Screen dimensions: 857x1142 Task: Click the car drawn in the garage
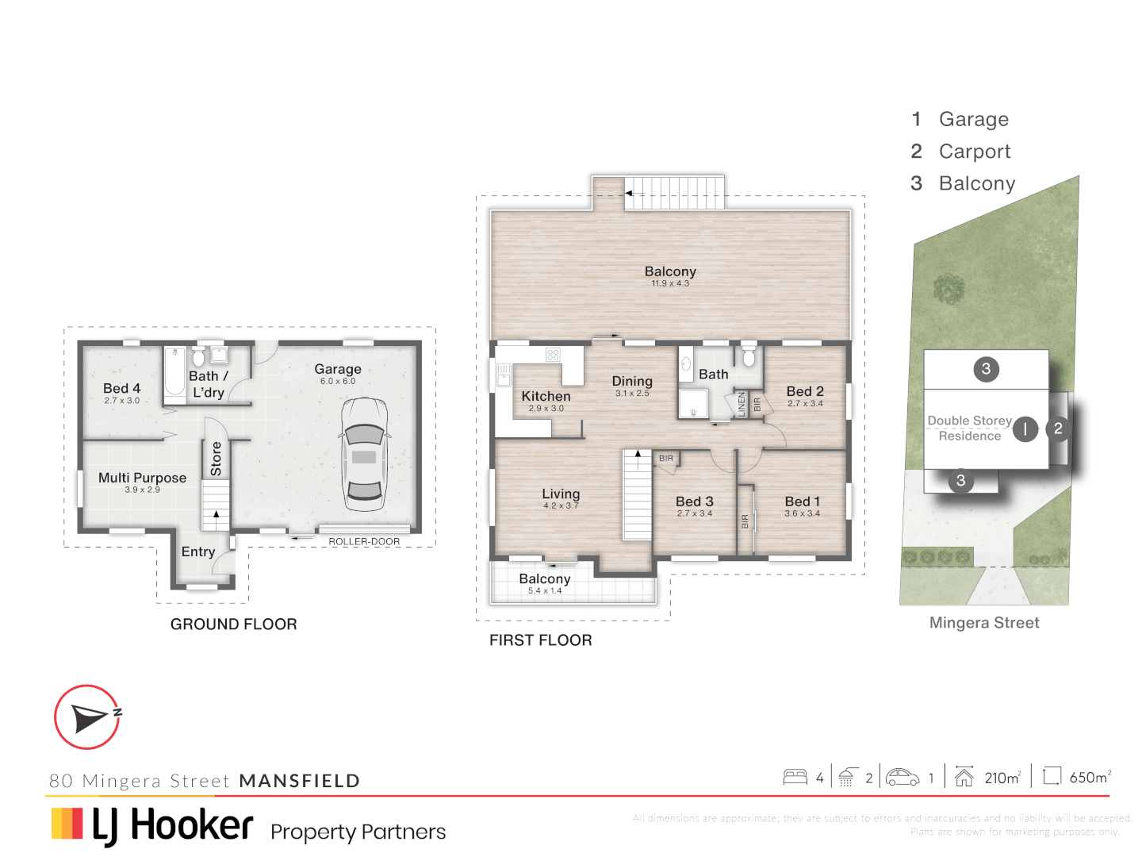click(x=364, y=455)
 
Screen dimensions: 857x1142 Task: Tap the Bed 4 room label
click(x=121, y=388)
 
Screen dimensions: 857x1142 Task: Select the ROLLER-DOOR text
click(x=364, y=542)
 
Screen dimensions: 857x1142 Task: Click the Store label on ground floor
click(x=216, y=459)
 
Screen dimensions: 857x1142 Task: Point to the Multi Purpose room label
click(x=142, y=478)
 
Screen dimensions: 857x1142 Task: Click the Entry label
click(x=197, y=551)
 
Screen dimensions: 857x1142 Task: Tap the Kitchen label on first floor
click(x=546, y=396)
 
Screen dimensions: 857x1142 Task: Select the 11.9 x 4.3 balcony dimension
click(x=670, y=283)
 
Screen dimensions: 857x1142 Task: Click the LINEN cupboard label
click(x=742, y=404)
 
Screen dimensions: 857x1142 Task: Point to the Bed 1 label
click(x=802, y=502)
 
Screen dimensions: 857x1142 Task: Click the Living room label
click(x=561, y=494)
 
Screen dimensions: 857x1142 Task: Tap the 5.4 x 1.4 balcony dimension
click(x=545, y=590)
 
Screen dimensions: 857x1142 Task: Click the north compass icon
click(x=87, y=717)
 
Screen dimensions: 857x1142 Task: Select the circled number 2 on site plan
click(x=1058, y=428)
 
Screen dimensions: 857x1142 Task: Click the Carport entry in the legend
click(x=974, y=152)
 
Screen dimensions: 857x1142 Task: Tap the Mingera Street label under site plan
click(x=984, y=623)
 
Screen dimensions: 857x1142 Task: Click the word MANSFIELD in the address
click(x=300, y=781)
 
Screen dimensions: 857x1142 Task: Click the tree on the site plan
click(x=948, y=290)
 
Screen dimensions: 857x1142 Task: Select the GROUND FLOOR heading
click(x=233, y=624)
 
